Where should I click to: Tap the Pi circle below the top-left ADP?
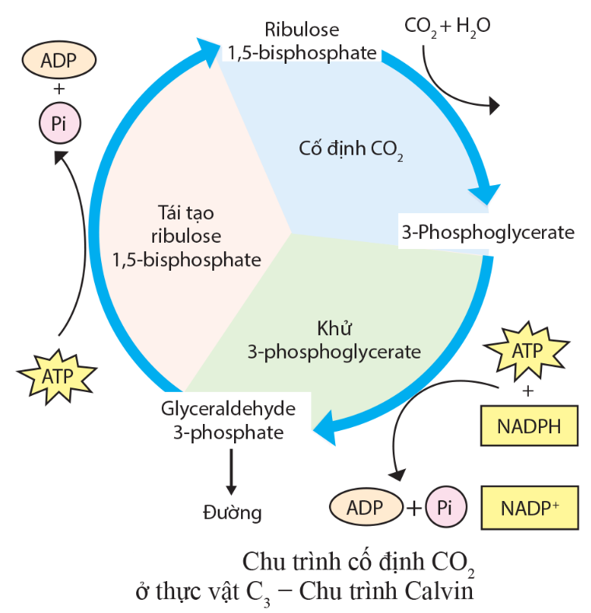(58, 123)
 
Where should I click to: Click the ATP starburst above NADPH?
(528, 351)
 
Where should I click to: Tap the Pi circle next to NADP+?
(445, 508)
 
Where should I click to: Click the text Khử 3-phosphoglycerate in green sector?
(334, 340)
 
